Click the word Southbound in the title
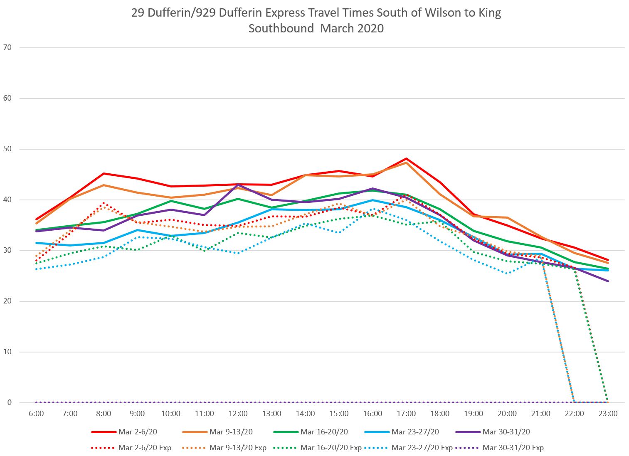281,29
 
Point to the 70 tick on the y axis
7,47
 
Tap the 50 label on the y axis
7,149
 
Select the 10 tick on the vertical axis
7,352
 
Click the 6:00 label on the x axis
36,414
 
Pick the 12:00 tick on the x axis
238,414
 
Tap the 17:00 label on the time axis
406,414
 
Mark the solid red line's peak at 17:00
406,158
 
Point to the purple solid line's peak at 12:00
238,185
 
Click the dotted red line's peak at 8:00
104,203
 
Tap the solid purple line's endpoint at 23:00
608,281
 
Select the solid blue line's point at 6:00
36,243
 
